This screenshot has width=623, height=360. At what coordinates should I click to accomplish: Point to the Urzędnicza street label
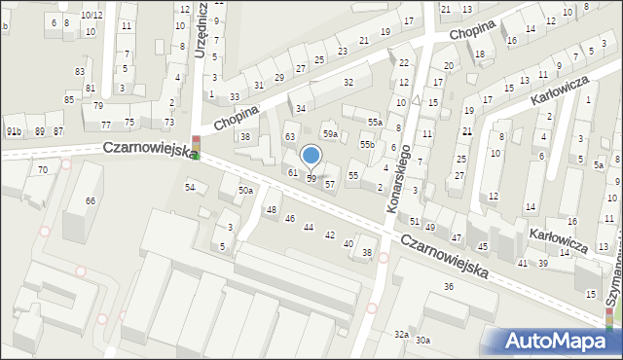tap(200, 29)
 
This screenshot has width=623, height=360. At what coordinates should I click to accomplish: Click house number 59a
tap(331, 133)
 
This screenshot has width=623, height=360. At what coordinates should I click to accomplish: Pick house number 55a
tap(375, 122)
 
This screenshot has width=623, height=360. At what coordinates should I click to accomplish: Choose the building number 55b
tap(367, 144)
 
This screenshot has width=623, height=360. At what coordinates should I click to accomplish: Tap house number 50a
tap(246, 190)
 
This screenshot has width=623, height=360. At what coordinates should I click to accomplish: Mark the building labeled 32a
tap(401, 334)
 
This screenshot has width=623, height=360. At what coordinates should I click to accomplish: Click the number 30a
tap(422, 340)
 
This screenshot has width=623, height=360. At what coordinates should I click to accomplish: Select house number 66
tap(90, 200)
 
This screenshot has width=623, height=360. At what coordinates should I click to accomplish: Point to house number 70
tap(42, 170)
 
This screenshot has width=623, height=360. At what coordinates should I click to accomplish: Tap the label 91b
tap(14, 131)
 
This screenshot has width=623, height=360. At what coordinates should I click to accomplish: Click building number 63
tap(289, 136)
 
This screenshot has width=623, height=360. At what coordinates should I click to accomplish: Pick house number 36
tap(449, 286)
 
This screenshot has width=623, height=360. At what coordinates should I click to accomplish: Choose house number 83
tap(79, 71)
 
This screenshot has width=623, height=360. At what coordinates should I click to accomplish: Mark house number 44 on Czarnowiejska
tap(309, 227)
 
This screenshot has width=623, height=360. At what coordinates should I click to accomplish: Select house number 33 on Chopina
tap(235, 97)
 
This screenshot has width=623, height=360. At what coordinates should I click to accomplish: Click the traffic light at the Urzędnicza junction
tap(196, 147)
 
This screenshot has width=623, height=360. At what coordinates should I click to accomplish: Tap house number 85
tap(69, 99)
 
